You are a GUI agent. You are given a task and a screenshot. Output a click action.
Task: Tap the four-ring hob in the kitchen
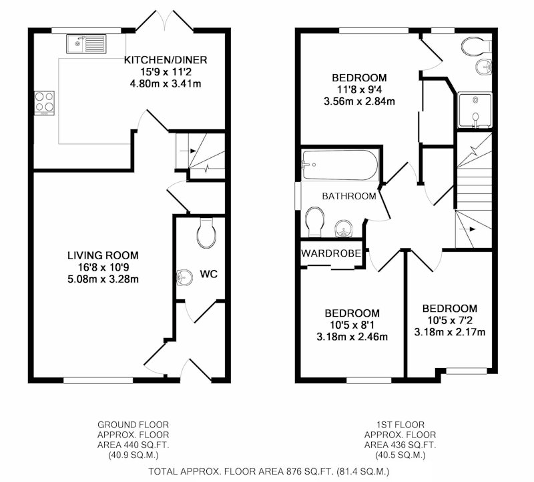pos(44,103)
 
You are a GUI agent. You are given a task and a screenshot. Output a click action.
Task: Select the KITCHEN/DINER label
pos(165,60)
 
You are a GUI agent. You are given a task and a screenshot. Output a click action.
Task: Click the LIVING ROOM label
pos(103,255)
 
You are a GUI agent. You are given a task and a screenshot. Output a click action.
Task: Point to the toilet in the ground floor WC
pos(206,233)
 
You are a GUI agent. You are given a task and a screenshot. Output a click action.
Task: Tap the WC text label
pos(208,274)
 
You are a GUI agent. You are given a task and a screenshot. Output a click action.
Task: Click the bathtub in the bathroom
pos(340,165)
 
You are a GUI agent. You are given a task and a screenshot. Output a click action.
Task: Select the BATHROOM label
pos(349,196)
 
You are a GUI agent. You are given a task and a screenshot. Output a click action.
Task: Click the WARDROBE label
pos(331,253)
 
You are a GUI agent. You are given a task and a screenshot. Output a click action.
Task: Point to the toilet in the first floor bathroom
pos(314,222)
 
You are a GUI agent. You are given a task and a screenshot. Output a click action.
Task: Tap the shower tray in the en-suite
pos(475,110)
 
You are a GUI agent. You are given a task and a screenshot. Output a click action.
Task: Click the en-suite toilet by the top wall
pos(477,46)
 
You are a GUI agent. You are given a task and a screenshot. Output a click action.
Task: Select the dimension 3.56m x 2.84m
pos(359,101)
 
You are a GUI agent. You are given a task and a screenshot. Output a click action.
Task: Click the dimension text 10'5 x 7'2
pos(450,320)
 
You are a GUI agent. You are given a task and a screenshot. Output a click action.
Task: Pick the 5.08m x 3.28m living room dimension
pos(103,279)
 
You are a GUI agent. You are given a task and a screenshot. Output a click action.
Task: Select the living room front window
pos(98,380)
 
